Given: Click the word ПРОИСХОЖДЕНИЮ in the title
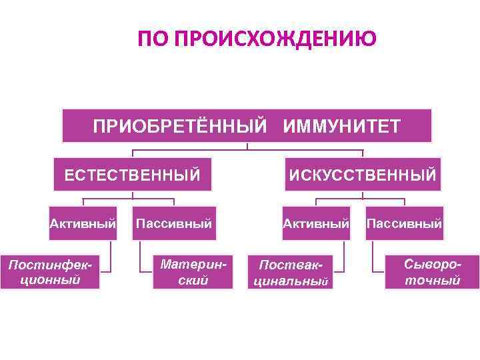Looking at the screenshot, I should coord(274,39).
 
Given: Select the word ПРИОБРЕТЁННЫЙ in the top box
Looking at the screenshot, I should coord(179,126).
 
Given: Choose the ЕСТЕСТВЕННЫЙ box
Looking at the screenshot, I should coord(132,175).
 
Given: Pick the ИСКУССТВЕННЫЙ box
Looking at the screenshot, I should coord(363,175).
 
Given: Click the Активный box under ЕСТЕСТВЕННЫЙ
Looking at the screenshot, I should coord(83,223).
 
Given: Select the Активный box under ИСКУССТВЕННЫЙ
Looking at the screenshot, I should coord(316,223).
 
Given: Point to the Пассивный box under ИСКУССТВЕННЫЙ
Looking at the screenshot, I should coord(404,223).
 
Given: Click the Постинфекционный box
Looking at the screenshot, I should coord(50,272).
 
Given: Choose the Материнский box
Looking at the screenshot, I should coord(193,272).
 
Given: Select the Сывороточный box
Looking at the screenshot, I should coord(433,272).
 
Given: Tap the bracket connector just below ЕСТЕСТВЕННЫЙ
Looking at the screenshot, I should coord(132,198).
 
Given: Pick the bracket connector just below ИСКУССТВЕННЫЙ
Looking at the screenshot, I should coord(363,198).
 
